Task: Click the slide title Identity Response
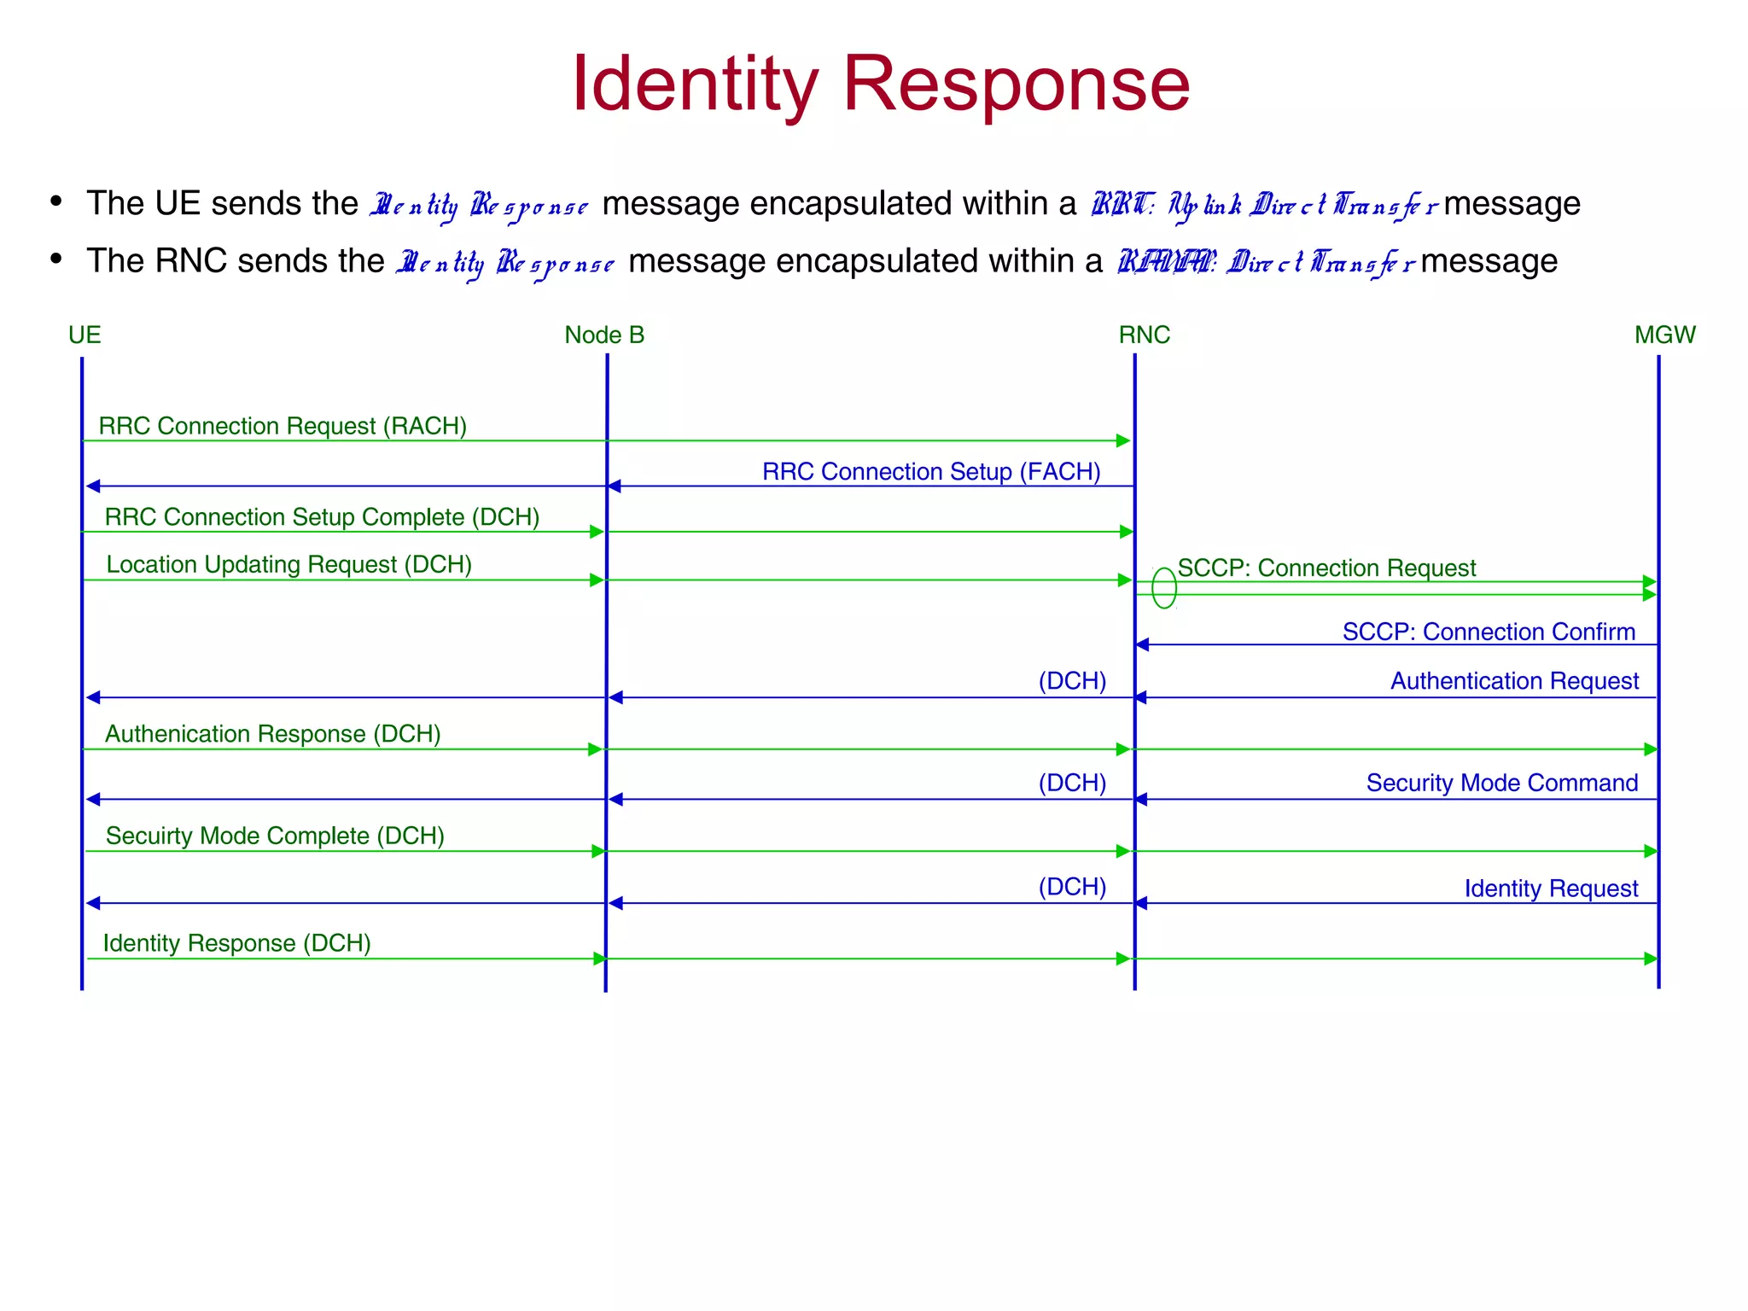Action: coord(880,84)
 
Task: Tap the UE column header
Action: coord(84,335)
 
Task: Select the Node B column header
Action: coord(604,335)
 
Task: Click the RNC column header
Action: coord(1144,335)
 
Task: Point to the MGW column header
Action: coord(1664,335)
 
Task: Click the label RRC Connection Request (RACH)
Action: coord(283,426)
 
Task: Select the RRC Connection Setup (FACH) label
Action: coord(931,472)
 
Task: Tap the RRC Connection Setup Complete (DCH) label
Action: coord(322,517)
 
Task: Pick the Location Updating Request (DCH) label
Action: coord(288,565)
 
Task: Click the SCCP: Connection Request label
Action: coord(1326,568)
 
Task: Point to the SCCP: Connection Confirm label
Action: coord(1489,632)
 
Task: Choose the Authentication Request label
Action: coord(1514,681)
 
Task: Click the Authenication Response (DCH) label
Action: coord(272,734)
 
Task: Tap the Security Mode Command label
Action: coord(1501,783)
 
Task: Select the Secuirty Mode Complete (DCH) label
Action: coord(275,836)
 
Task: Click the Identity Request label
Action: coord(1551,889)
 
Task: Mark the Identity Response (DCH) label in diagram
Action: coord(236,943)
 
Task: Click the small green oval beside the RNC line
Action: coord(1164,588)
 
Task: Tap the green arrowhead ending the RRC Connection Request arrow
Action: coord(1123,441)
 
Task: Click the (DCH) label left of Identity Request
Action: coord(1072,887)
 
